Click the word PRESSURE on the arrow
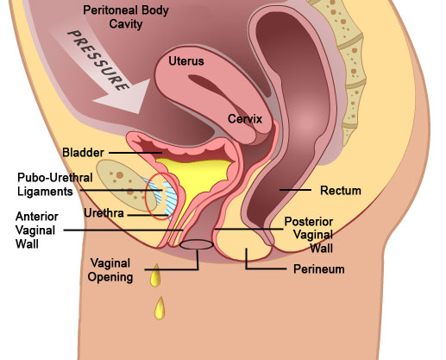pos(98,60)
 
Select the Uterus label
pos(186,61)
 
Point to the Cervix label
pos(245,118)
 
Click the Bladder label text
pos(83,152)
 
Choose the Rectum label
pos(341,190)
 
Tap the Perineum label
pos(318,269)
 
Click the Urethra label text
pos(104,213)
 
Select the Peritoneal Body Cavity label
pos(126,17)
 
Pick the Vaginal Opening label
pos(110,270)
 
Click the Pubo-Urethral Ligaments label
pos(55,185)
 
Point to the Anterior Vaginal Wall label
pos(37,230)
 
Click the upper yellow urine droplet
pos(155,276)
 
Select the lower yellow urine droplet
pos(160,309)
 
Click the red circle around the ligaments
pos(146,196)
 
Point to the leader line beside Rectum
pos(295,190)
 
